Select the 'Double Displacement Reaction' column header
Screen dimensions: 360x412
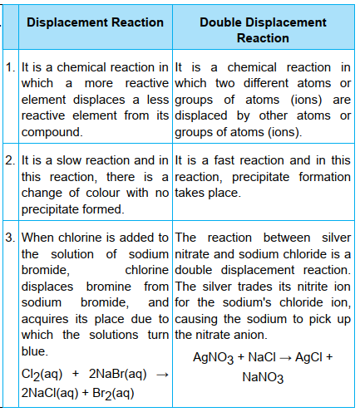click(x=263, y=30)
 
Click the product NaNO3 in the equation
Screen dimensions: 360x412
click(x=263, y=377)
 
